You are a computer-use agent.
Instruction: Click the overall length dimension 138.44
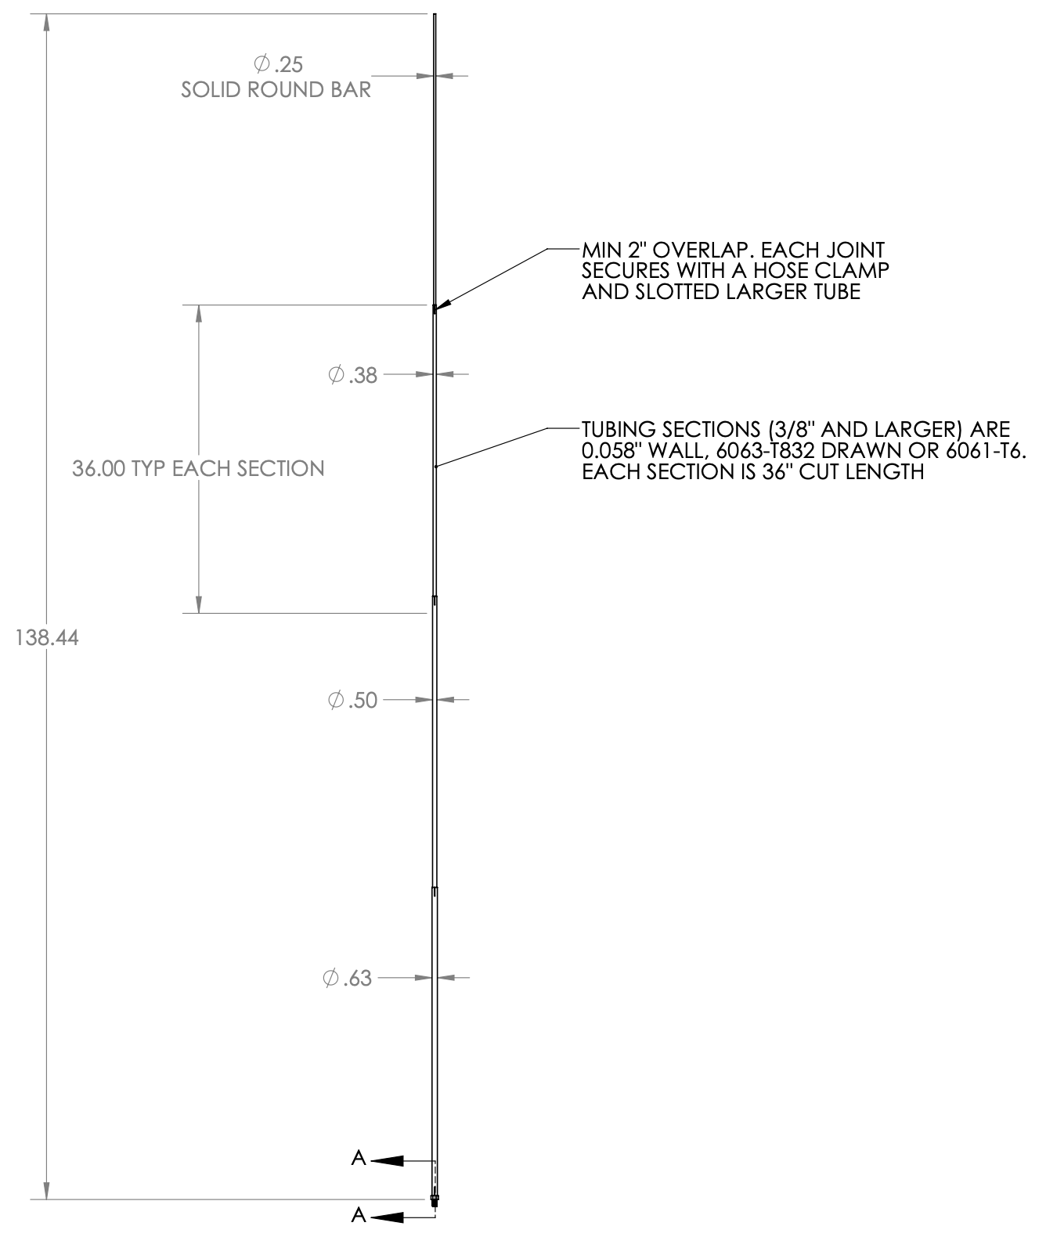point(47,638)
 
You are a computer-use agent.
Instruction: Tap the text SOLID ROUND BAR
point(276,90)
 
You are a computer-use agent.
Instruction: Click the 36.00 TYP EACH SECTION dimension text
point(198,469)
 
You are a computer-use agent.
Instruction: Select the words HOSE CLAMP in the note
point(821,271)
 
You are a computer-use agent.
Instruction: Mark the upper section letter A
point(359,1158)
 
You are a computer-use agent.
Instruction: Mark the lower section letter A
point(359,1215)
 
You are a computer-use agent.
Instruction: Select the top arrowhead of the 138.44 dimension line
point(47,23)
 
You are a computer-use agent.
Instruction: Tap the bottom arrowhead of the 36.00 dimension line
point(199,604)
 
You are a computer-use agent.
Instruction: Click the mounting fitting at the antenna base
point(435,1200)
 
